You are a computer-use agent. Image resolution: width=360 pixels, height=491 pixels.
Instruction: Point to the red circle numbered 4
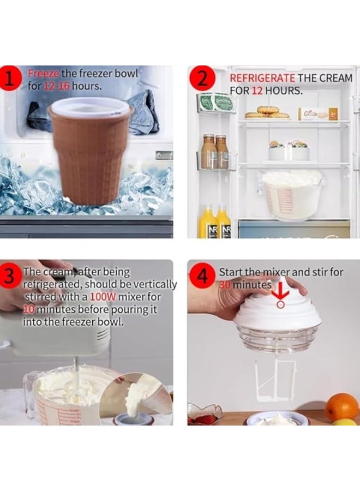(x=202, y=276)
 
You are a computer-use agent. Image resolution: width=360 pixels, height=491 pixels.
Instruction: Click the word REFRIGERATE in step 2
(x=262, y=79)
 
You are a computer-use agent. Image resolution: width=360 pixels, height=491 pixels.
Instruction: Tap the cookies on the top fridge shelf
(x=267, y=112)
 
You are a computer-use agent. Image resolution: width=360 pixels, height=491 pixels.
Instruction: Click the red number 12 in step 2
(x=256, y=91)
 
